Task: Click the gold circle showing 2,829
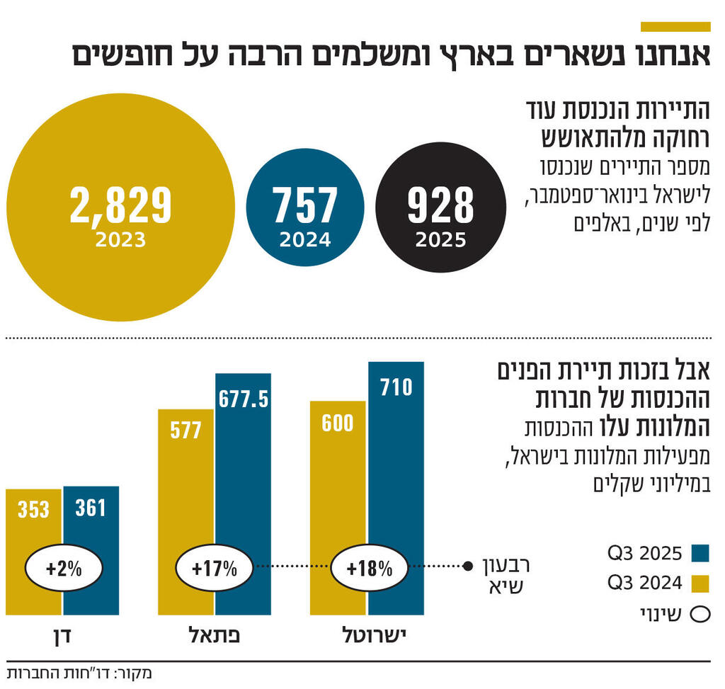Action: tap(121, 207)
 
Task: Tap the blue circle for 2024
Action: tap(305, 207)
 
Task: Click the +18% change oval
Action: tap(370, 567)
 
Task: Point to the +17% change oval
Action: tap(214, 567)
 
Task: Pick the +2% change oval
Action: tap(64, 567)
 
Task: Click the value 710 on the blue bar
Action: tap(396, 387)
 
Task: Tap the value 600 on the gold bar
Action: tap(338, 423)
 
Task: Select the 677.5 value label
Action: tap(244, 399)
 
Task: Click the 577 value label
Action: tap(185, 430)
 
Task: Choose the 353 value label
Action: tap(34, 509)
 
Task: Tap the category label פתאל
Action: tap(215, 635)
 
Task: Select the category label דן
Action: tap(63, 635)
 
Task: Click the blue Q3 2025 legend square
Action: tap(700, 552)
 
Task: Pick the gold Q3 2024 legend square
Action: tap(700, 583)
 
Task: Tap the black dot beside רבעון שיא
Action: tap(467, 566)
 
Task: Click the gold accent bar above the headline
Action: tap(675, 27)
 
